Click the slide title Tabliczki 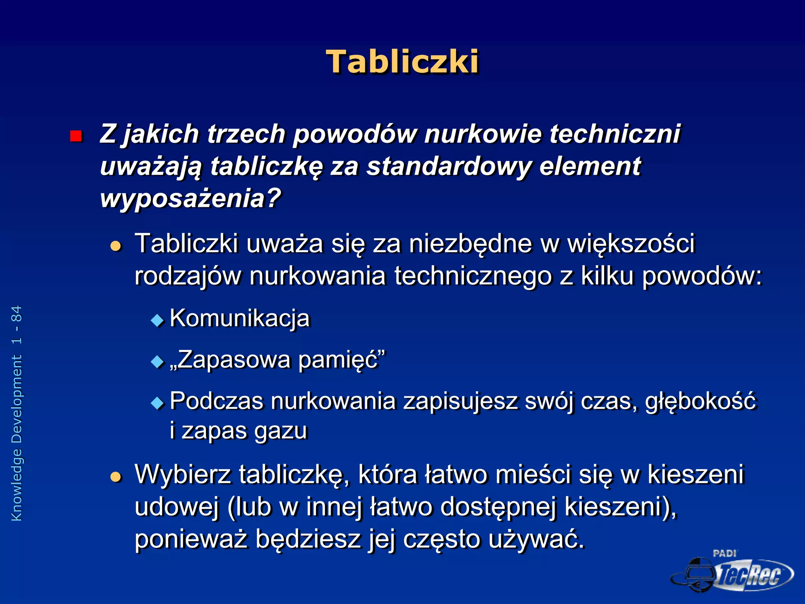click(402, 62)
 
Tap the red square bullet click(75, 136)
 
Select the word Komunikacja click(240, 318)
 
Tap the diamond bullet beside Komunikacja click(157, 320)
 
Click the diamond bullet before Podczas click(157, 403)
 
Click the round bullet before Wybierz click(116, 477)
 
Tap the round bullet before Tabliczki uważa click(116, 247)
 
